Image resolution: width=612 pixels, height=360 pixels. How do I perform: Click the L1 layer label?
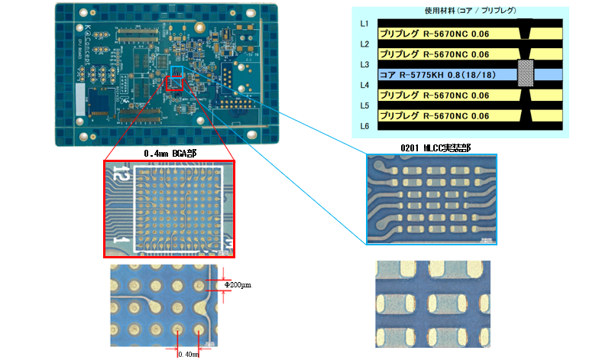point(364,24)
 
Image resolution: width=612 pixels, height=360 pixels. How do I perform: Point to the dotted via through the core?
point(526,74)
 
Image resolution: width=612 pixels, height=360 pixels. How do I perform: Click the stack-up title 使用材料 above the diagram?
point(458,11)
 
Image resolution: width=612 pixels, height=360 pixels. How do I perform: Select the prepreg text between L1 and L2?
point(434,34)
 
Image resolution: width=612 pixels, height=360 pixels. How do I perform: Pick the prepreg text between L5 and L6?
point(434,115)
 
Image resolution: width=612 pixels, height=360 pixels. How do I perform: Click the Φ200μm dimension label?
point(238,284)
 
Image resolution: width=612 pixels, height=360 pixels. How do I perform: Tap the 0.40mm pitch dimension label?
point(188,354)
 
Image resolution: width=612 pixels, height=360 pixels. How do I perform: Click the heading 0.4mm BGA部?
point(170,154)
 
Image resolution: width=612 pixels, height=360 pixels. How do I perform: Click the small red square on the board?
point(174,83)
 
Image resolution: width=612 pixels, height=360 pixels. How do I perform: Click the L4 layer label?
point(364,85)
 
